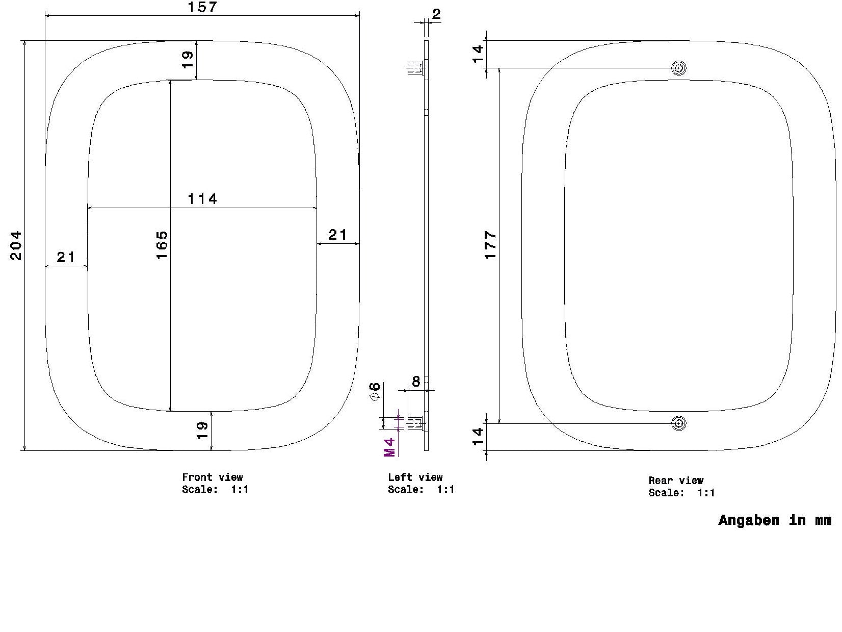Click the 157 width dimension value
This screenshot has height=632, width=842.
tap(202, 7)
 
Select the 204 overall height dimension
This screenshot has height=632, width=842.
tap(16, 245)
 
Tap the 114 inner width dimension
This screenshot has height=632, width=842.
tap(202, 199)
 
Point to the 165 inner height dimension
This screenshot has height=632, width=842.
tap(162, 245)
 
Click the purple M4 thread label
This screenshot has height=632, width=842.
tap(389, 447)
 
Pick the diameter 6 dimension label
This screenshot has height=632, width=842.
tap(375, 391)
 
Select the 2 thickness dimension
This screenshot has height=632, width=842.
tap(436, 14)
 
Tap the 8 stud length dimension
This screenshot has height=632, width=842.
tap(416, 382)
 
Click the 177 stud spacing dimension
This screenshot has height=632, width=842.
tap(491, 245)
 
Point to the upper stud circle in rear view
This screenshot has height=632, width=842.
tap(679, 68)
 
